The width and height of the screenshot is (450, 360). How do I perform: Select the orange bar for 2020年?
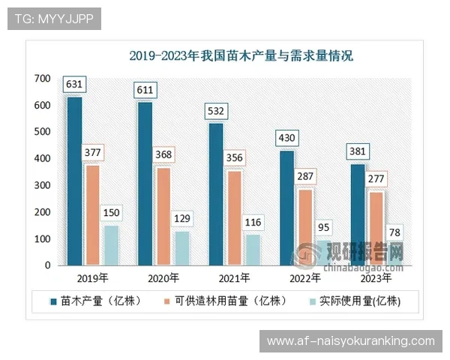[163, 216]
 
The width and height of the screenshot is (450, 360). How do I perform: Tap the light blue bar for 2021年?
[252, 250]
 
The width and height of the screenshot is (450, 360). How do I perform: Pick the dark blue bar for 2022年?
[286, 208]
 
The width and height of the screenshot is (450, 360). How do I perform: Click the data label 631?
[73, 85]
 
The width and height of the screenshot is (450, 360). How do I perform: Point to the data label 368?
[163, 154]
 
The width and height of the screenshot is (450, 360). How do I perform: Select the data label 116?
[252, 222]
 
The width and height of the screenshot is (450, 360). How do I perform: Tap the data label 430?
[287, 138]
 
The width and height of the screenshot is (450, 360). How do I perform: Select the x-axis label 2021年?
[233, 278]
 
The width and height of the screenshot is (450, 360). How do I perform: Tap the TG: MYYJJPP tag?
[53, 19]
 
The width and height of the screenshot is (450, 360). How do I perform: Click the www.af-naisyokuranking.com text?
[350, 341]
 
